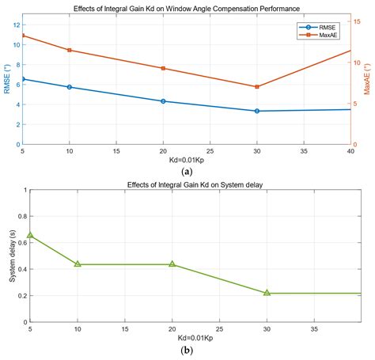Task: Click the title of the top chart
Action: click(x=187, y=7)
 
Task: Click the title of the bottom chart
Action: click(x=187, y=184)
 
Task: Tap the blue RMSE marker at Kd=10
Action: click(x=70, y=87)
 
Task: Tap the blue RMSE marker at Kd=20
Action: click(x=163, y=101)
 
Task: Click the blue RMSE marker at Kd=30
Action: click(x=257, y=111)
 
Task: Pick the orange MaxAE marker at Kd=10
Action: click(x=70, y=51)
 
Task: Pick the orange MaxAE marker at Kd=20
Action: click(x=163, y=68)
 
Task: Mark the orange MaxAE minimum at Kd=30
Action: click(x=257, y=86)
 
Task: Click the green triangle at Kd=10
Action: click(x=78, y=263)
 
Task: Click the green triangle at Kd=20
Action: click(x=172, y=263)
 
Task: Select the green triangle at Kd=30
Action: click(x=267, y=293)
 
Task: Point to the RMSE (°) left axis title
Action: click(x=7, y=80)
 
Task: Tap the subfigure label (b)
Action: click(x=187, y=349)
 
